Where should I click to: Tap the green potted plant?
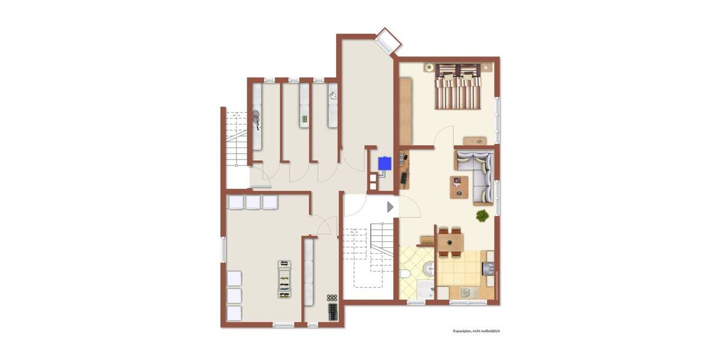click(481, 215)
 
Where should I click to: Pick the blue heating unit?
click(384, 163)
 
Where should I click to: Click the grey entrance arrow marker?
click(391, 207)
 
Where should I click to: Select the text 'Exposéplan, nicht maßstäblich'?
click(476, 331)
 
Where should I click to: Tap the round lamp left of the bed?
click(429, 67)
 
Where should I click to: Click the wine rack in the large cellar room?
click(284, 280)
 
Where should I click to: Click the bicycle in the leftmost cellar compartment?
click(256, 119)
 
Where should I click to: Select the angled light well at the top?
click(386, 40)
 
